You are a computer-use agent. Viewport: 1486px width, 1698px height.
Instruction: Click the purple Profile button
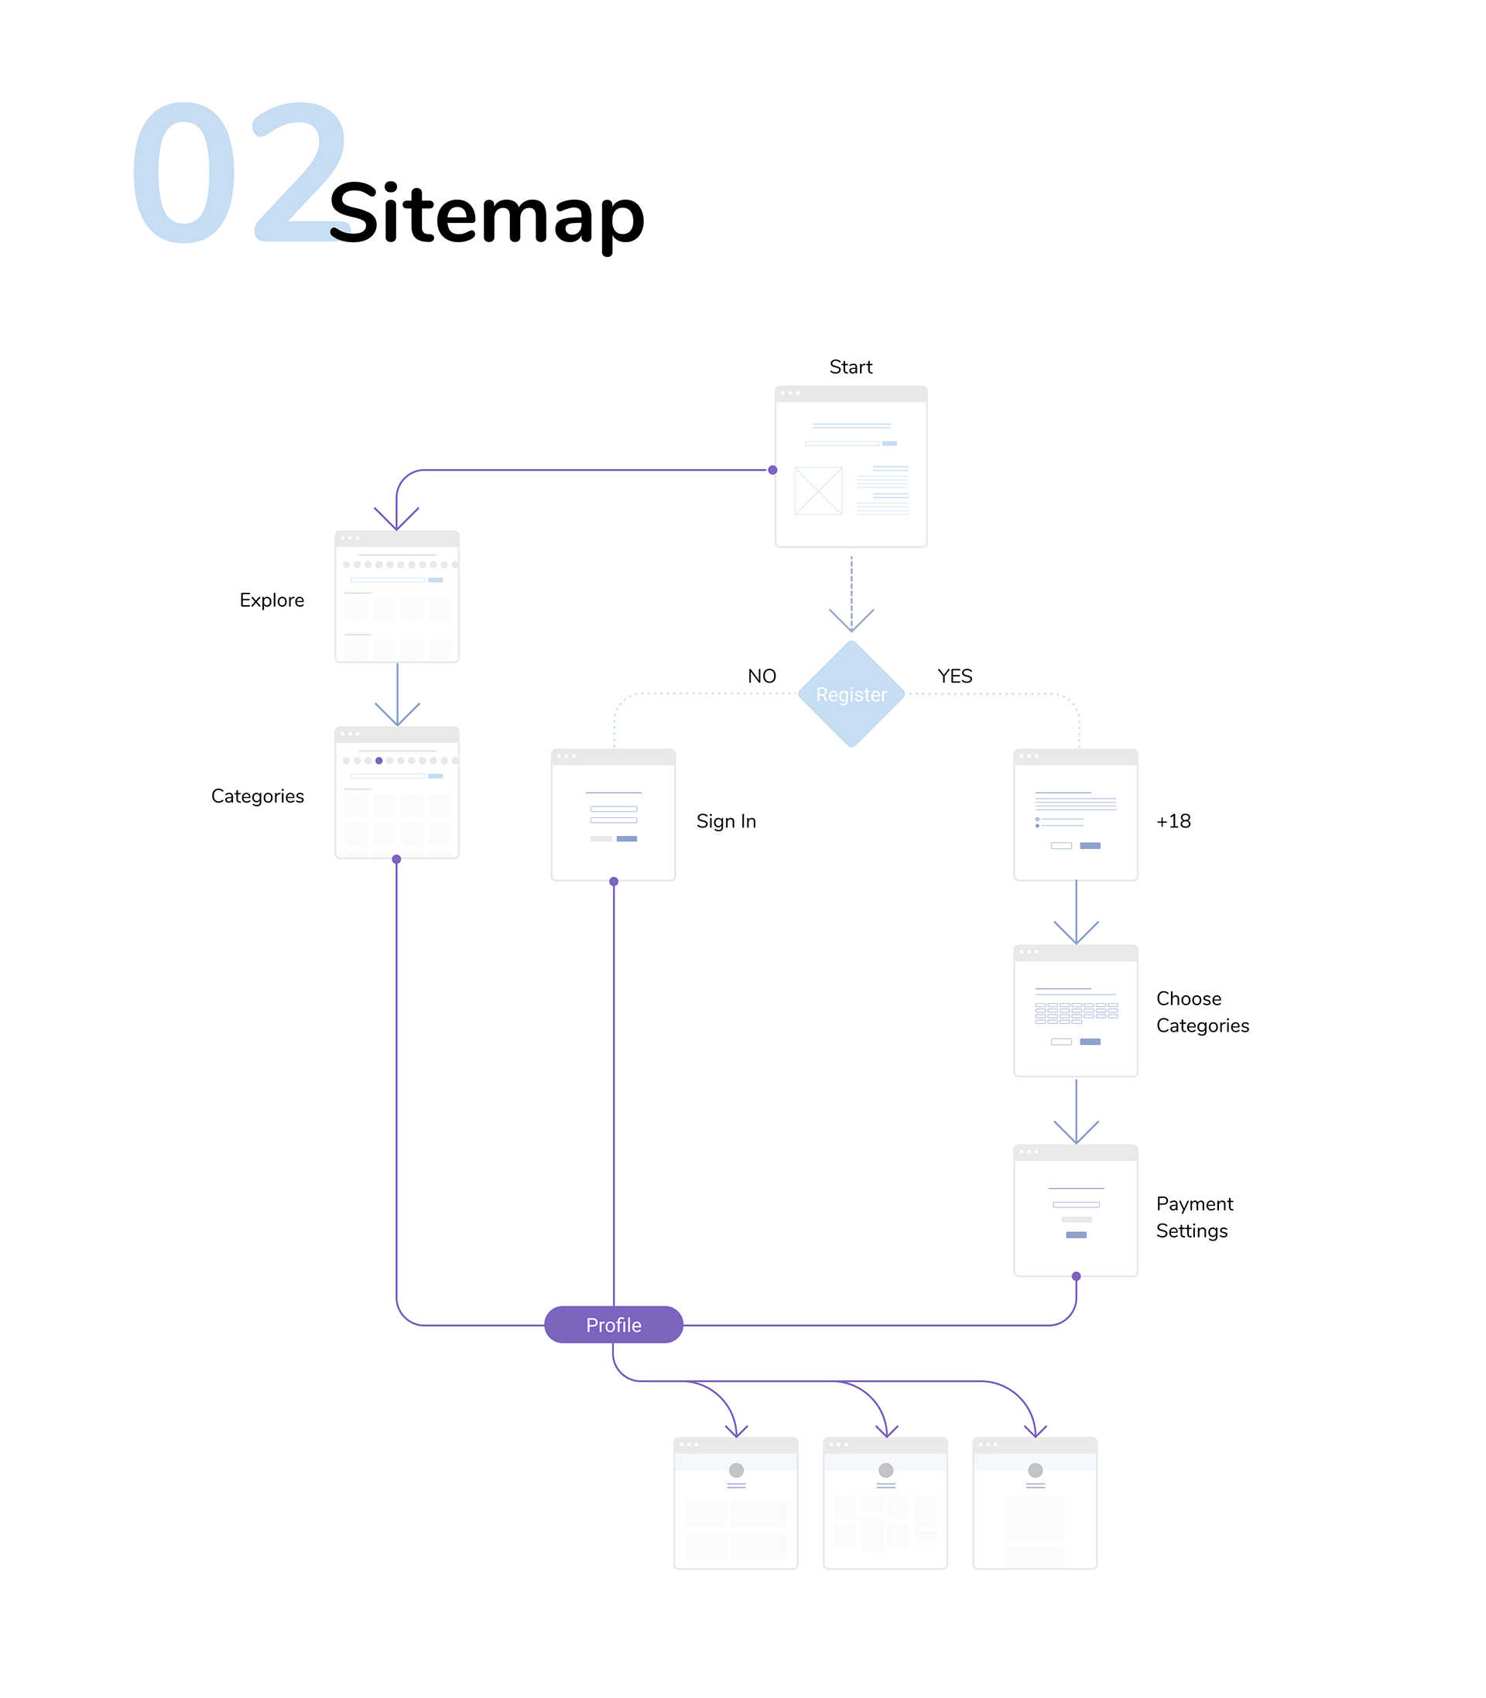tap(614, 1324)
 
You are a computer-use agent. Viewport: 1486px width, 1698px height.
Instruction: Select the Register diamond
tap(851, 694)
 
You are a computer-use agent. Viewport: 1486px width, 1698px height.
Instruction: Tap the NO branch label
tap(762, 676)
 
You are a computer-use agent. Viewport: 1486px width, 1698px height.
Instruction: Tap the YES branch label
tap(954, 676)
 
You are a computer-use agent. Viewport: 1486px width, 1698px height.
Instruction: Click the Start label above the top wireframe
tap(851, 367)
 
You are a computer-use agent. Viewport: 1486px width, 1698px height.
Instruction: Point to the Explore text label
tap(272, 601)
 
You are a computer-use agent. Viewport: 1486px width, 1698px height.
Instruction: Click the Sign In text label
tap(727, 821)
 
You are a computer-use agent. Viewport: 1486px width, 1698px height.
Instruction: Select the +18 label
tap(1173, 821)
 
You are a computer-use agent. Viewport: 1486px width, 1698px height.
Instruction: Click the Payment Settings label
tap(1195, 1217)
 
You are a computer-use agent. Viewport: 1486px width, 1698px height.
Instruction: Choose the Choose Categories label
tap(1203, 1012)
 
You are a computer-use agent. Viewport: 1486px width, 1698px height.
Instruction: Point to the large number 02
tap(241, 173)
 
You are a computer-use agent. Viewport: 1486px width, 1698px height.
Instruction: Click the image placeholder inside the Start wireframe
tap(819, 491)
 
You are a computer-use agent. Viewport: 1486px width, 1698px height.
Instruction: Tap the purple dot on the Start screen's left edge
tap(773, 470)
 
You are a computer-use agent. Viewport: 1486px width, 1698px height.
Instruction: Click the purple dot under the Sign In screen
tap(614, 882)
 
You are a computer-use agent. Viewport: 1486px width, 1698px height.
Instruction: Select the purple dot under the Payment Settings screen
tap(1077, 1276)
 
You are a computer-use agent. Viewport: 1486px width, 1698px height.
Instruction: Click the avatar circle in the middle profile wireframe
tap(885, 1470)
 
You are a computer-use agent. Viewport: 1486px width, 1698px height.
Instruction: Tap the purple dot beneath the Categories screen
tap(396, 859)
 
